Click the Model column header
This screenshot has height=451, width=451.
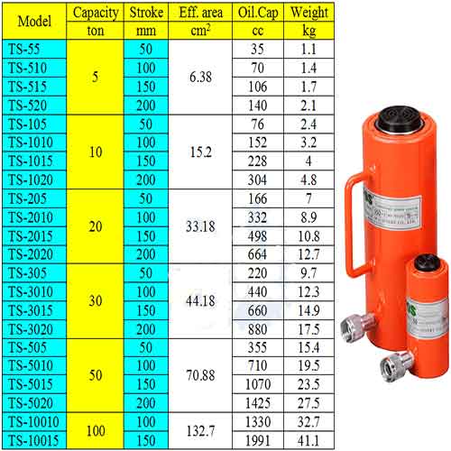click(x=34, y=22)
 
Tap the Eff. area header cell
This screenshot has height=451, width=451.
click(x=200, y=13)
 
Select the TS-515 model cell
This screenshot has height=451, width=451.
click(x=34, y=87)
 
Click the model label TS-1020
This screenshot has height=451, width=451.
click(x=34, y=179)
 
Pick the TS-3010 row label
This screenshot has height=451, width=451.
click(x=34, y=291)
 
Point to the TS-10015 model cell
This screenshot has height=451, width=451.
click(x=34, y=440)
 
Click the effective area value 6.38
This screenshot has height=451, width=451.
click(x=200, y=77)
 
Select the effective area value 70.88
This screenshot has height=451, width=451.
click(x=200, y=375)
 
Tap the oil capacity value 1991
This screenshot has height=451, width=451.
click(x=258, y=441)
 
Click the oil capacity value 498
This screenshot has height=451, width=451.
click(x=258, y=236)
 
